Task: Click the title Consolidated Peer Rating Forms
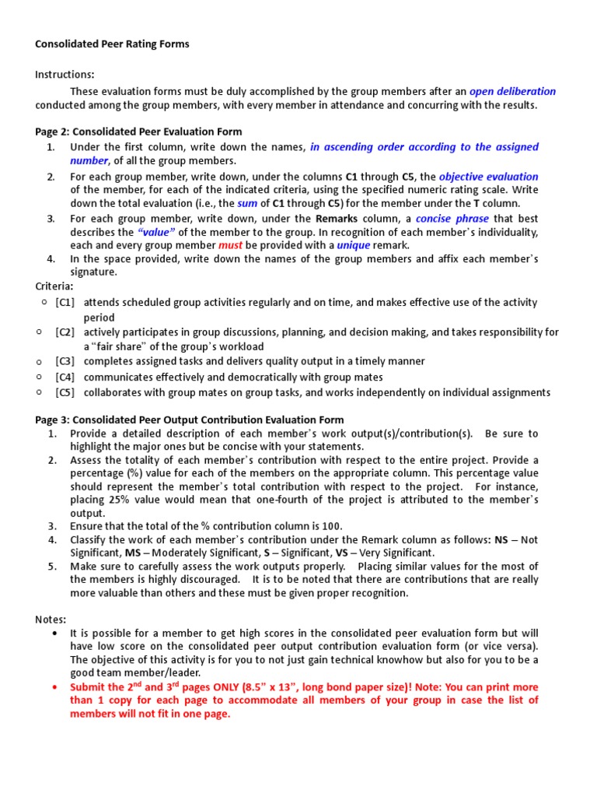coord(112,44)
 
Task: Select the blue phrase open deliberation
coord(512,91)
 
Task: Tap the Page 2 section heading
coord(138,132)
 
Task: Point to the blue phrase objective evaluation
coord(488,177)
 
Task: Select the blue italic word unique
coord(353,245)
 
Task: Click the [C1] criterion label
coord(65,302)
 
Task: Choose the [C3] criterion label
coord(65,361)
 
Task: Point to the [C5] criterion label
coord(65,392)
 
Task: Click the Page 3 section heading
coord(190,420)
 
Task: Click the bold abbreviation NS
coord(501,539)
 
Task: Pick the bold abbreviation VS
coord(341,553)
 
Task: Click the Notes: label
coord(51,619)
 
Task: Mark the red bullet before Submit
coord(54,688)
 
